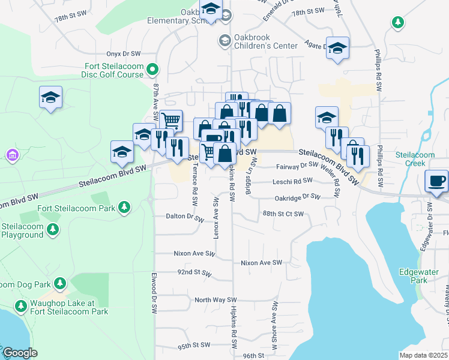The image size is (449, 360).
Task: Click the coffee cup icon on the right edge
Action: pyautogui.click(x=436, y=180)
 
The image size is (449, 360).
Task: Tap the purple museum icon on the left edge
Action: pyautogui.click(x=11, y=156)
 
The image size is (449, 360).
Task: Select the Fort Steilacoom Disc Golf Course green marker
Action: pyautogui.click(x=152, y=70)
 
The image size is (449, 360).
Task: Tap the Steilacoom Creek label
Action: pyautogui.click(x=415, y=158)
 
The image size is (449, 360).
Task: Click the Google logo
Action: pyautogui.click(x=20, y=353)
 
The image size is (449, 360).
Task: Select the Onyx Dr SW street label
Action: pyautogui.click(x=123, y=53)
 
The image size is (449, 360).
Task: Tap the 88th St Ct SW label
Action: pyautogui.click(x=283, y=214)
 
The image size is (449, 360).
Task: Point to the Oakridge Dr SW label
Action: pyautogui.click(x=297, y=196)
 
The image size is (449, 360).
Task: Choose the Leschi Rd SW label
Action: pyautogui.click(x=292, y=180)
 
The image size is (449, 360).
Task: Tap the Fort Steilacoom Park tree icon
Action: pyautogui.click(x=124, y=208)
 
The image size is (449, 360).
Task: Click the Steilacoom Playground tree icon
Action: pyautogui.click(x=53, y=229)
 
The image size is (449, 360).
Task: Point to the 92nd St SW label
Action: pyautogui.click(x=193, y=272)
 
